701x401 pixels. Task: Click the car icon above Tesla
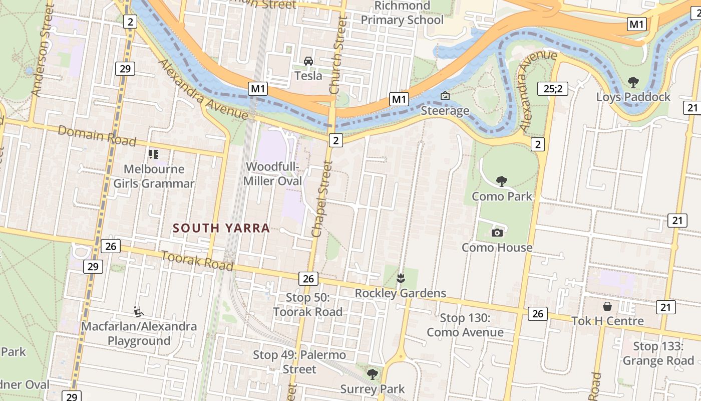pyautogui.click(x=308, y=61)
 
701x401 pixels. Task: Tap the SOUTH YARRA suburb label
pyautogui.click(x=221, y=228)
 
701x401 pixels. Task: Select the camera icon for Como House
pyautogui.click(x=497, y=233)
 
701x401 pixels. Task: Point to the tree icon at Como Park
pyautogui.click(x=501, y=181)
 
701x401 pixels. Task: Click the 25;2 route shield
pyautogui.click(x=553, y=89)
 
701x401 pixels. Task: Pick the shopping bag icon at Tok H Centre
pyautogui.click(x=607, y=306)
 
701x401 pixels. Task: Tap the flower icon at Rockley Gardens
pyautogui.click(x=400, y=277)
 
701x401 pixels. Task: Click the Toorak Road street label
pyautogui.click(x=197, y=260)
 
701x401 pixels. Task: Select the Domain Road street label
pyautogui.click(x=97, y=136)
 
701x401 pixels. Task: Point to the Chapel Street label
pyautogui.click(x=322, y=198)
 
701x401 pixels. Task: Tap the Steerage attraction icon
pyautogui.click(x=445, y=95)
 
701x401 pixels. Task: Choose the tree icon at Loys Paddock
pyautogui.click(x=633, y=82)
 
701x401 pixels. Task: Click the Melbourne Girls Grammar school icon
pyautogui.click(x=153, y=154)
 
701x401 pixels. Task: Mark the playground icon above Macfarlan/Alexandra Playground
pyautogui.click(x=139, y=312)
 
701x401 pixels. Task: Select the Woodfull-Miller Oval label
pyautogui.click(x=273, y=174)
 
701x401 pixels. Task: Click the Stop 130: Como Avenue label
pyautogui.click(x=465, y=325)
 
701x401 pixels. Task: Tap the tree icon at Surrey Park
pyautogui.click(x=372, y=374)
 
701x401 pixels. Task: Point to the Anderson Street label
pyautogui.click(x=42, y=50)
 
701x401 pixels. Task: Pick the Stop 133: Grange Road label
pyautogui.click(x=658, y=353)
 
